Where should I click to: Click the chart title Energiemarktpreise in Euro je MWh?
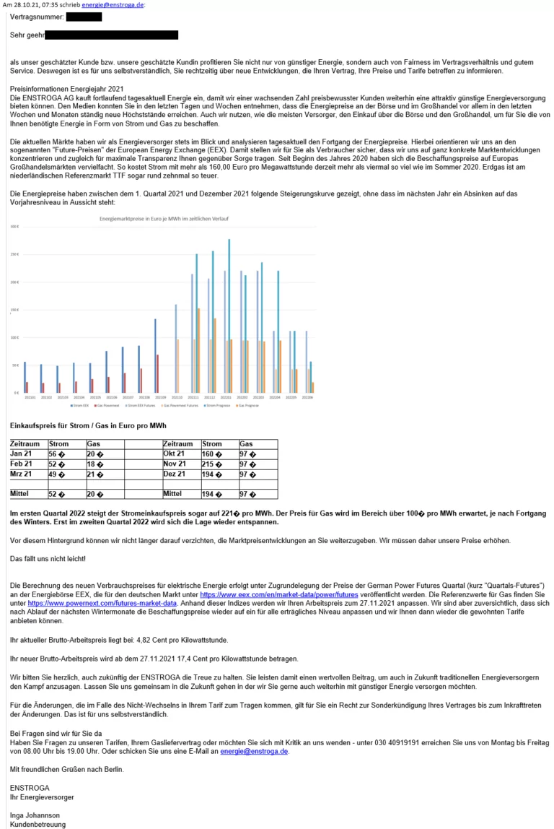pos(162,218)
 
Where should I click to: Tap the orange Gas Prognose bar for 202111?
pos(198,350)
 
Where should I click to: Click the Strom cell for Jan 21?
pos(66,453)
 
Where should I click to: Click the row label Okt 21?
pos(181,453)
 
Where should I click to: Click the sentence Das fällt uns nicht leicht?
pos(48,559)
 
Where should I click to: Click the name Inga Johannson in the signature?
pos(35,812)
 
